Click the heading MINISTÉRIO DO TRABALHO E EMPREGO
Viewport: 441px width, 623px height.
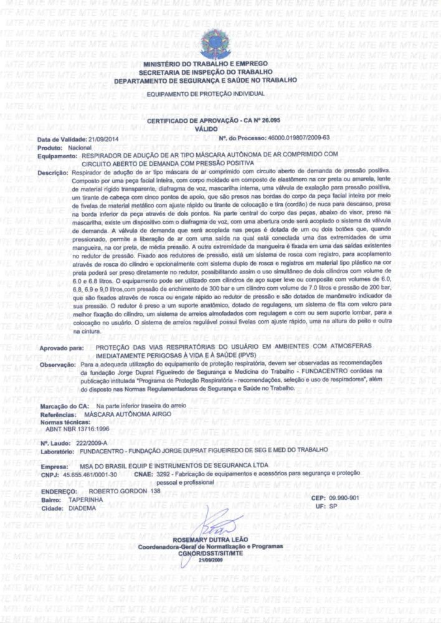click(x=206, y=64)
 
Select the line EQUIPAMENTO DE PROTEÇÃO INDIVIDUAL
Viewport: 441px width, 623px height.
click(x=206, y=93)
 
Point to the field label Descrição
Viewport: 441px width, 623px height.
click(x=54, y=171)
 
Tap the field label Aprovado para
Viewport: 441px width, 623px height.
click(x=61, y=346)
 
